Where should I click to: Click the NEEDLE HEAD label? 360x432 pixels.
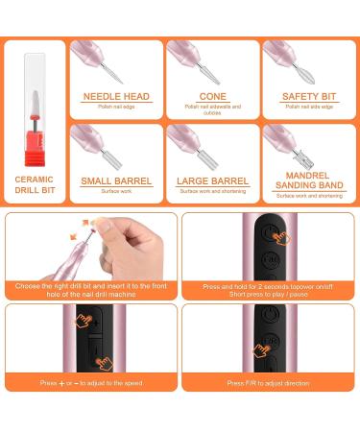[x=116, y=97]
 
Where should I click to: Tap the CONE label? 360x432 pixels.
[x=213, y=97]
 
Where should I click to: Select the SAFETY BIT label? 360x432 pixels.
[x=307, y=97]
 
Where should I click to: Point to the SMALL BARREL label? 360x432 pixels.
[x=116, y=180]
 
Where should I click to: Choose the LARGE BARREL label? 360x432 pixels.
[x=213, y=180]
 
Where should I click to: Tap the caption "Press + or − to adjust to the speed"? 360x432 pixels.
[x=90, y=383]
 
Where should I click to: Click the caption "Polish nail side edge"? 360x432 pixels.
[x=308, y=107]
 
